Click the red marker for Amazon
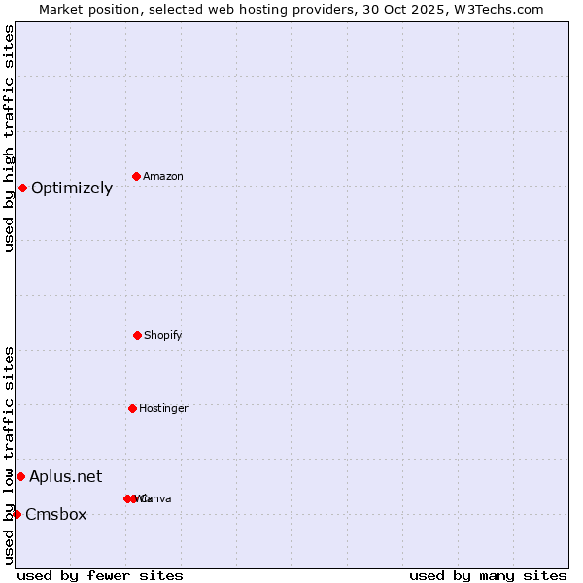tap(136, 176)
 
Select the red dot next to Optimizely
tap(22, 188)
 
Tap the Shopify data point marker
tap(137, 335)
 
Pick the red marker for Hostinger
tap(132, 408)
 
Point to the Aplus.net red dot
tap(20, 476)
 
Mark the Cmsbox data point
tap(17, 514)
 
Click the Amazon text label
tap(163, 176)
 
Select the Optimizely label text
tap(72, 188)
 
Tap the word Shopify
tap(163, 335)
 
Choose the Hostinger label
tap(163, 408)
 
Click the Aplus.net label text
tap(65, 476)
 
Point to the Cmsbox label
tap(56, 514)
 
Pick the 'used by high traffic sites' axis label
tap(9, 138)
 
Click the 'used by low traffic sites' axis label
tap(9, 455)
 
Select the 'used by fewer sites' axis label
tap(100, 575)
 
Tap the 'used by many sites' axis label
tap(488, 575)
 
